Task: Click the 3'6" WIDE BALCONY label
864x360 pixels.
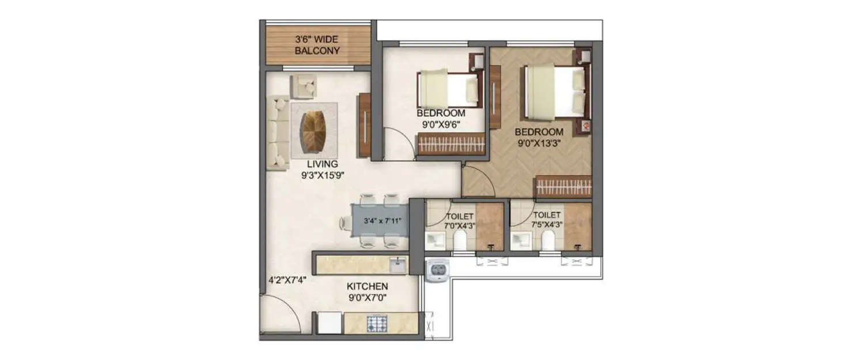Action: [317, 45]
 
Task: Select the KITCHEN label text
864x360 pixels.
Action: [367, 286]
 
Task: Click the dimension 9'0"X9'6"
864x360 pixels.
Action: [441, 123]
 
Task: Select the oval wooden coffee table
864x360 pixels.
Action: [314, 130]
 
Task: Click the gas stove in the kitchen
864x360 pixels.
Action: [378, 324]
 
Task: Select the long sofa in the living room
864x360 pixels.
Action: [278, 132]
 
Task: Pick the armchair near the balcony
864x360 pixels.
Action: [304, 86]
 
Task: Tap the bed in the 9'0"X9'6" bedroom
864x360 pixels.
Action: [449, 88]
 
